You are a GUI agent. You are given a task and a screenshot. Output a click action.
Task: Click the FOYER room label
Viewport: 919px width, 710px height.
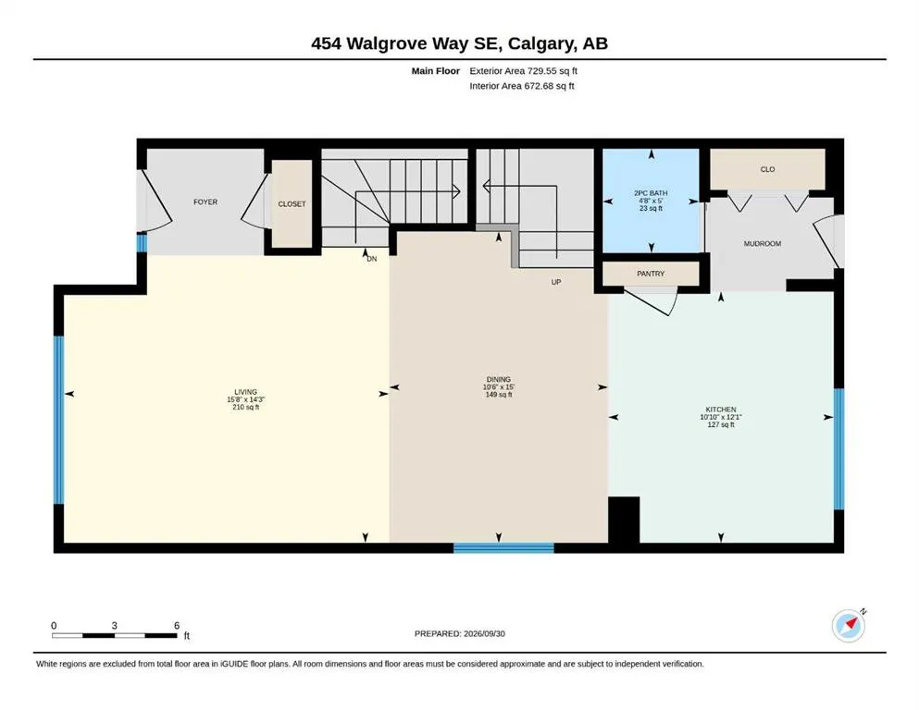pyautogui.click(x=205, y=202)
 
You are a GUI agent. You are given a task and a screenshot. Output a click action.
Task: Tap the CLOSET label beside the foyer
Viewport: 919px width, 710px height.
pyautogui.click(x=292, y=204)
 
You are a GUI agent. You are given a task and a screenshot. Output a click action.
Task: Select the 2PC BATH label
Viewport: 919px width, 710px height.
pyautogui.click(x=651, y=193)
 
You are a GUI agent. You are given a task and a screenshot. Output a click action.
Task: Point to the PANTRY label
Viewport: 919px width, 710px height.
pyautogui.click(x=651, y=274)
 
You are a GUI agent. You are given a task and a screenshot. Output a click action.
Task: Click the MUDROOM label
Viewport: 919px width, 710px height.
pyautogui.click(x=762, y=243)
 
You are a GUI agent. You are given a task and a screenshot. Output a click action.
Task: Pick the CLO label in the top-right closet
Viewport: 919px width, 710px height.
pyautogui.click(x=767, y=169)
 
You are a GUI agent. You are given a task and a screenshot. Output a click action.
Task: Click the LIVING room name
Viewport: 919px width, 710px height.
pyautogui.click(x=245, y=392)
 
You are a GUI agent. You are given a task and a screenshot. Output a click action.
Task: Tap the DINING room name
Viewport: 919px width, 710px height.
pyautogui.click(x=498, y=379)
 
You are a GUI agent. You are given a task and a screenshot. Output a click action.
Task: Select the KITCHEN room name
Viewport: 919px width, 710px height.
pyautogui.click(x=721, y=410)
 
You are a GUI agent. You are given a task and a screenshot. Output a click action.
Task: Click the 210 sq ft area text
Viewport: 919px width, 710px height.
pyautogui.click(x=245, y=408)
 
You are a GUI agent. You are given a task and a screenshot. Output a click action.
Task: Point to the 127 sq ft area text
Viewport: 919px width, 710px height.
pyautogui.click(x=721, y=425)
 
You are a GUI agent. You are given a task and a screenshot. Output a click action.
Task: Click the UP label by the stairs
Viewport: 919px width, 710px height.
pyautogui.click(x=556, y=282)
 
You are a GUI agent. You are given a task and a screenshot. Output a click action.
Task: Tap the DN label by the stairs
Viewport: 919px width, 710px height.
pyautogui.click(x=372, y=259)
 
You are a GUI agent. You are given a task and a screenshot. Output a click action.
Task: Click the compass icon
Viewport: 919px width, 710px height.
pyautogui.click(x=849, y=626)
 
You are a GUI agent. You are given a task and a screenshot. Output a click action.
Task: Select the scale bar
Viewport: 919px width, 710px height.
pyautogui.click(x=114, y=635)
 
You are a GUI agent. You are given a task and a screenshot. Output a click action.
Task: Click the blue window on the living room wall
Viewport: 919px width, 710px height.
pyautogui.click(x=58, y=420)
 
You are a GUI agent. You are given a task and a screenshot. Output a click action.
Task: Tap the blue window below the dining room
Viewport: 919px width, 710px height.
pyautogui.click(x=503, y=548)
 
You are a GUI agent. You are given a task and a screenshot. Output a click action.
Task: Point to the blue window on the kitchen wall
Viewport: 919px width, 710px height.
pyautogui.click(x=838, y=449)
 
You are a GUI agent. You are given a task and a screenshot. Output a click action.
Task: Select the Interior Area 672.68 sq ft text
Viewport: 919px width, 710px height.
pyautogui.click(x=522, y=86)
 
